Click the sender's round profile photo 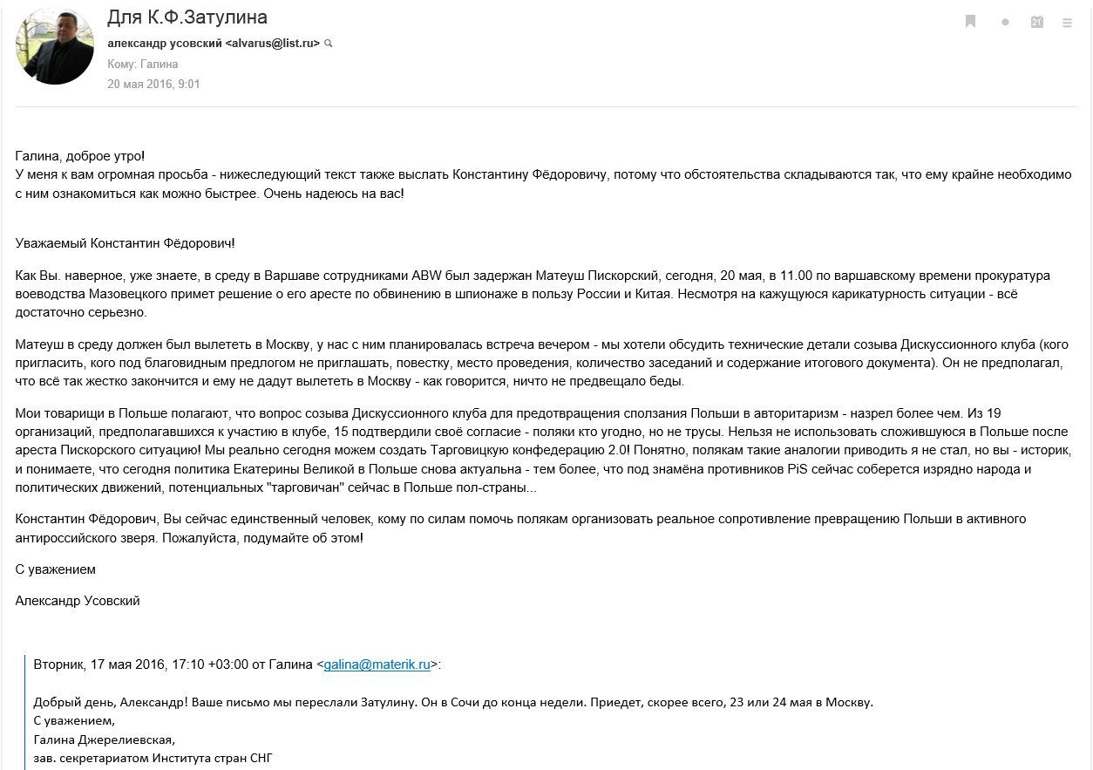[x=55, y=45]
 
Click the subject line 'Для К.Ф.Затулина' [x=187, y=17]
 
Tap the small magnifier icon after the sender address [x=329, y=43]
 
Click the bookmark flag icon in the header [x=970, y=22]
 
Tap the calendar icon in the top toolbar [x=1036, y=22]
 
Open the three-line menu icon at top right [x=1068, y=23]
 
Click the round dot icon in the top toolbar [x=1005, y=23]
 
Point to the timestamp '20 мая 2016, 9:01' [x=153, y=85]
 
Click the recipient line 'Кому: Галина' [x=143, y=64]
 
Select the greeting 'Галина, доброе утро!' [x=80, y=155]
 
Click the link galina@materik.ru [x=377, y=664]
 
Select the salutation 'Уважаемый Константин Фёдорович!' [x=125, y=243]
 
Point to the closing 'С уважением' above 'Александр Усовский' [x=56, y=569]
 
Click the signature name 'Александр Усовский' [x=78, y=601]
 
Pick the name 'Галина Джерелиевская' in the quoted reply [x=105, y=739]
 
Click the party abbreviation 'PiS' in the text [x=796, y=469]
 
